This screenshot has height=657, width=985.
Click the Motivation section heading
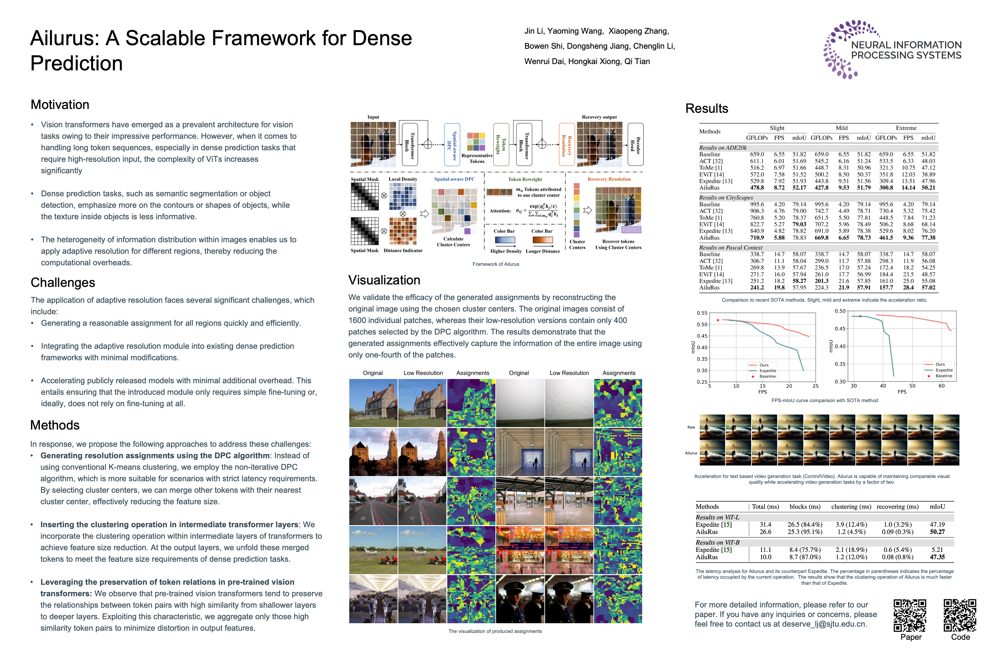(60, 105)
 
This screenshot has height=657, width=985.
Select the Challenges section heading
(63, 283)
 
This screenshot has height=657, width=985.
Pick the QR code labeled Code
(960, 615)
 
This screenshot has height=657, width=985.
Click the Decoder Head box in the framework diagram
(635, 144)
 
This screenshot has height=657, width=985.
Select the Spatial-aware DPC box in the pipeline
(452, 144)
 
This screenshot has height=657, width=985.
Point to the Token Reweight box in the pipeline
(501, 144)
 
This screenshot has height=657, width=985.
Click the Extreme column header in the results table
(906, 128)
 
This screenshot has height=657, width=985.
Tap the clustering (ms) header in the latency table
(851, 507)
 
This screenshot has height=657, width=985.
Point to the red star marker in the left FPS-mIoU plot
(718, 320)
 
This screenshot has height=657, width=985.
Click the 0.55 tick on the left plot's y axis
(702, 313)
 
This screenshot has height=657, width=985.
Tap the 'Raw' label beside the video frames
(691, 427)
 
